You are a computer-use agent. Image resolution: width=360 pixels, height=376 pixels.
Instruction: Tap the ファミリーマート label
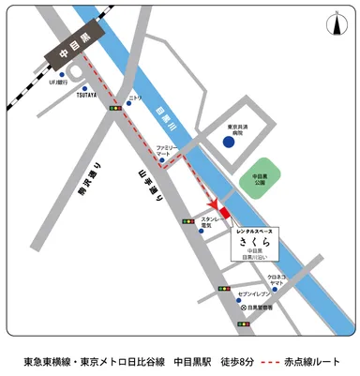pyautogui.click(x=168, y=150)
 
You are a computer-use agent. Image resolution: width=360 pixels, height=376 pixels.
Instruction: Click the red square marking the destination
pyautogui.click(x=224, y=213)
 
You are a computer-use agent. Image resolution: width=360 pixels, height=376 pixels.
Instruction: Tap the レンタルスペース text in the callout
pyautogui.click(x=255, y=227)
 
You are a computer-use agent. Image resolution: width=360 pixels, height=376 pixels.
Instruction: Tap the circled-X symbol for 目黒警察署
pyautogui.click(x=244, y=308)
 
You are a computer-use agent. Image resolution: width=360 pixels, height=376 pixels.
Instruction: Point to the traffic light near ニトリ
pyautogui.click(x=114, y=109)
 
